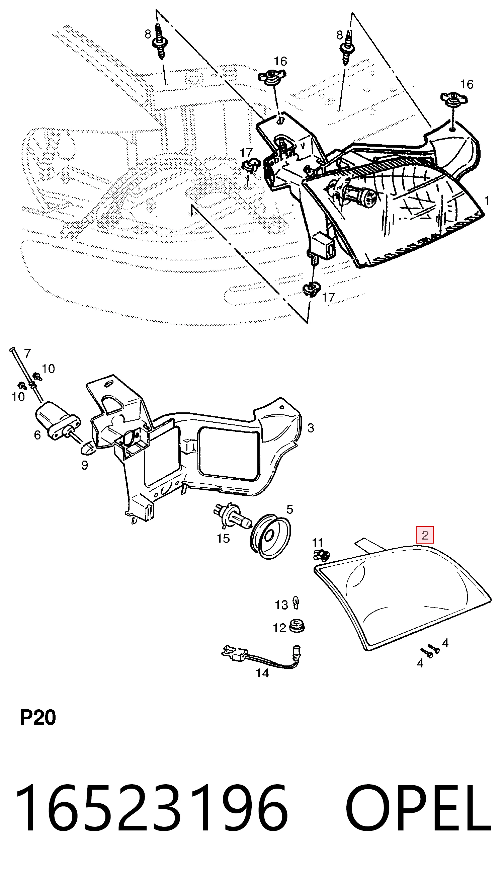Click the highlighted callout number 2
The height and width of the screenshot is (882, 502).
(425, 535)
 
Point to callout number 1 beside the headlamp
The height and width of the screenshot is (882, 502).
(487, 200)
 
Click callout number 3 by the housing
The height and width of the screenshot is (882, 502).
(311, 428)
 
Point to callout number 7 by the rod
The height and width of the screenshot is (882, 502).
(27, 353)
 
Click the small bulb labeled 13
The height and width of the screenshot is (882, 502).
(296, 602)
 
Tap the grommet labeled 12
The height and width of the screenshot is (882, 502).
(297, 626)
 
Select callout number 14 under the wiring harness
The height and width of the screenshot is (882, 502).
(262, 673)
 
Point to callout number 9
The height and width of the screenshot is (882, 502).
(84, 465)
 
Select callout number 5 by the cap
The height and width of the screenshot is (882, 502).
(289, 509)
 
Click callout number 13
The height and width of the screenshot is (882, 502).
(281, 605)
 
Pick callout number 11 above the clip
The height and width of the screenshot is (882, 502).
(317, 542)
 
